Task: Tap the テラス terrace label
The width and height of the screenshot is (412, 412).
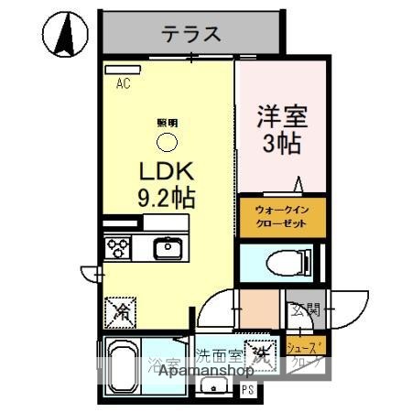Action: click(x=191, y=35)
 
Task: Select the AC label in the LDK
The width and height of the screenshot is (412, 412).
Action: click(x=123, y=84)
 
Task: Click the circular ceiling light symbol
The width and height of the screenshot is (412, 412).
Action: click(x=167, y=141)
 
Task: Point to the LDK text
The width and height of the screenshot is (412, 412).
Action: click(x=165, y=171)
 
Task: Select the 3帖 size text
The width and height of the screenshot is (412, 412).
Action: click(x=282, y=144)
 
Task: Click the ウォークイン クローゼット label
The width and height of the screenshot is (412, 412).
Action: click(x=281, y=216)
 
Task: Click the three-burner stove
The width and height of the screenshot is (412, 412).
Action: click(x=118, y=248)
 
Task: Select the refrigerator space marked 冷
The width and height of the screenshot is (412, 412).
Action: click(x=120, y=312)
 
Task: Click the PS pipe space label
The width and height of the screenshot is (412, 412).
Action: click(x=247, y=390)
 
